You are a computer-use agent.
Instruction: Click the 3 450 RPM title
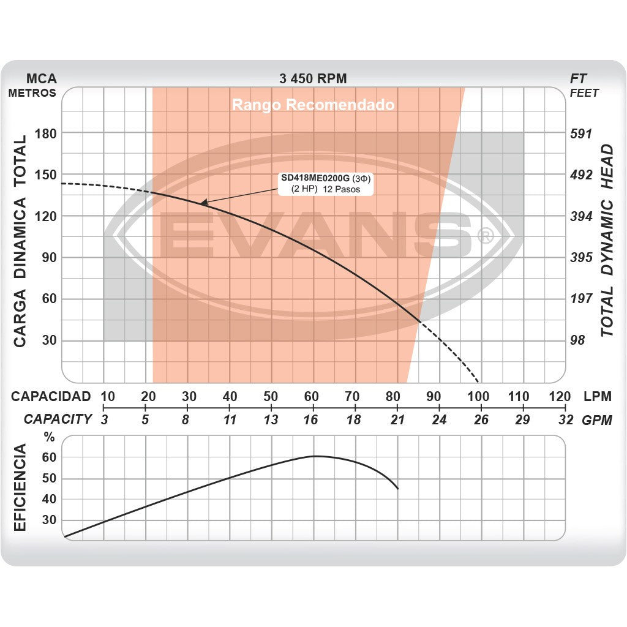point(313,78)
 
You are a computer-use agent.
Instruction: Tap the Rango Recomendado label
point(313,105)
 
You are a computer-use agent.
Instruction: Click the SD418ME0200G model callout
point(326,184)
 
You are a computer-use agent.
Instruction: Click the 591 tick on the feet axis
point(581,133)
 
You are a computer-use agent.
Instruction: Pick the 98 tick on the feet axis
point(577,340)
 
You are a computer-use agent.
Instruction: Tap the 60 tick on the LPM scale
point(312,396)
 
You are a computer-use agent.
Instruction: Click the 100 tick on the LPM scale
point(478,396)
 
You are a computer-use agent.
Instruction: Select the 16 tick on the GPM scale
point(311,419)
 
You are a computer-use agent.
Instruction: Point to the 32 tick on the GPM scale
point(566,419)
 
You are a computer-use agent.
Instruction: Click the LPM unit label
point(597,396)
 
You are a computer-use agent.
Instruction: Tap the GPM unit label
point(596,419)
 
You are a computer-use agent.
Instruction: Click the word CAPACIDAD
point(51,396)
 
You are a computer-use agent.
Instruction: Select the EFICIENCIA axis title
point(20,488)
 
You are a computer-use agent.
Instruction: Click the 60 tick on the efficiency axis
point(49,457)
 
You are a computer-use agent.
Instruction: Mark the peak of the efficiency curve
point(313,456)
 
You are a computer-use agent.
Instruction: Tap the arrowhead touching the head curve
point(203,202)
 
